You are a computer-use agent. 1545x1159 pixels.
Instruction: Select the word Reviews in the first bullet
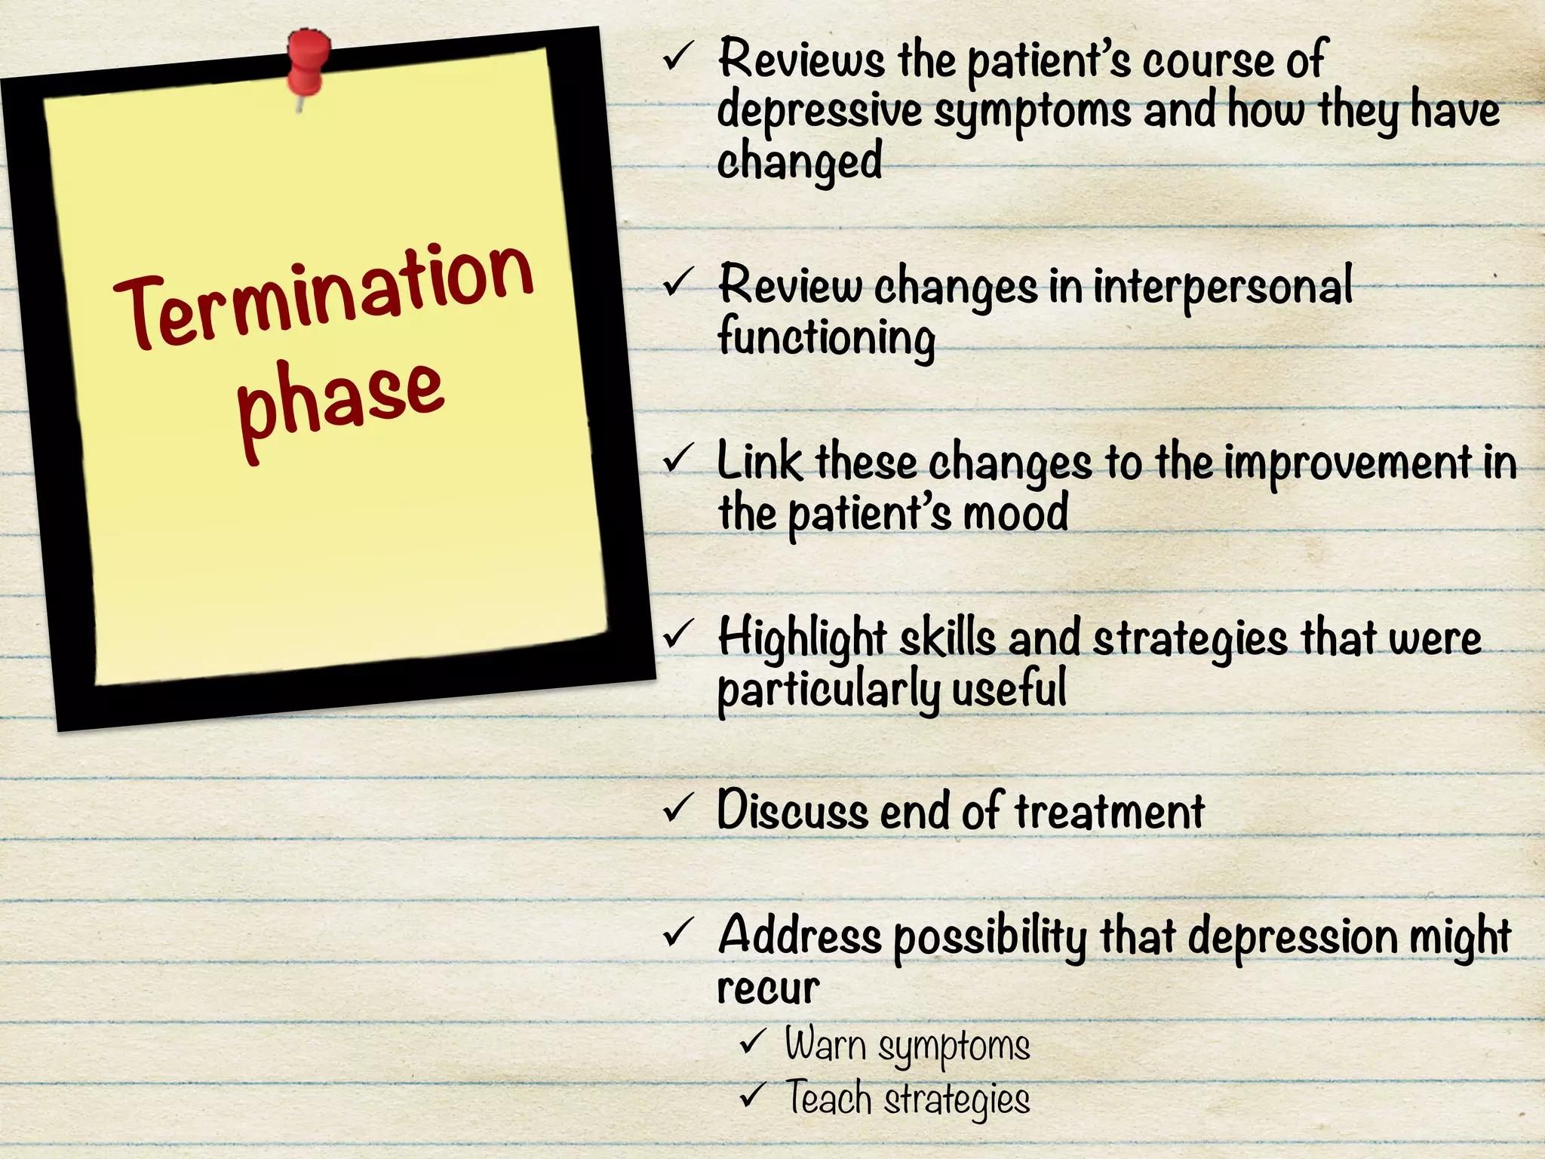click(x=801, y=59)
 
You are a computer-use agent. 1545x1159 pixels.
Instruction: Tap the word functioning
click(x=826, y=337)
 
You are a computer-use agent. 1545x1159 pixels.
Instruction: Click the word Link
click(x=759, y=462)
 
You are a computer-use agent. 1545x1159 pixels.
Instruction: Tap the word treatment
click(x=1109, y=811)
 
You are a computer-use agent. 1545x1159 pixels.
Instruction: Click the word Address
click(x=800, y=936)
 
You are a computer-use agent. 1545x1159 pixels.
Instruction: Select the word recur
click(x=768, y=988)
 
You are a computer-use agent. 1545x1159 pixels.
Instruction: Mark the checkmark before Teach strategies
click(x=753, y=1095)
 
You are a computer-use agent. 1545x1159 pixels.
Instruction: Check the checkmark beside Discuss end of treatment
click(x=677, y=808)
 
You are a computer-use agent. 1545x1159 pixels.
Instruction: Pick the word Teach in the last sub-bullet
click(x=828, y=1098)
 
